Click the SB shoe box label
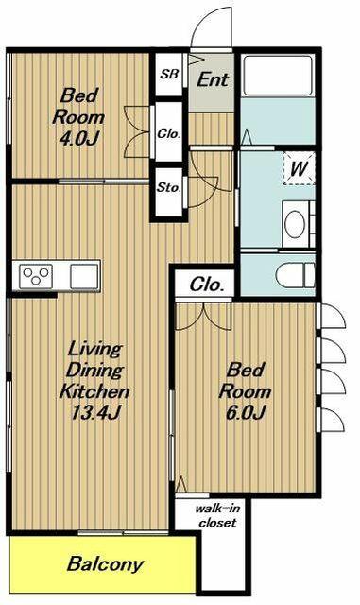click(170, 74)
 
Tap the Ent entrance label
click(213, 79)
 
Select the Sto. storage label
click(168, 187)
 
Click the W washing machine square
click(299, 168)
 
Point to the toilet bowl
click(296, 275)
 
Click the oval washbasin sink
click(295, 224)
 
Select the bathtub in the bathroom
click(278, 76)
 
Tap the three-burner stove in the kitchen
click(36, 276)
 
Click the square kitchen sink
click(84, 276)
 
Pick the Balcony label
click(105, 564)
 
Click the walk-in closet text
click(217, 515)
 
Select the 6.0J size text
click(245, 413)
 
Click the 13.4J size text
click(95, 413)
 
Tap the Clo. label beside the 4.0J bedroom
click(168, 134)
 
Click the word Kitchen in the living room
click(94, 391)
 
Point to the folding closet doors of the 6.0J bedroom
click(203, 317)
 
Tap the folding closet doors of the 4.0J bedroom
click(137, 131)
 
